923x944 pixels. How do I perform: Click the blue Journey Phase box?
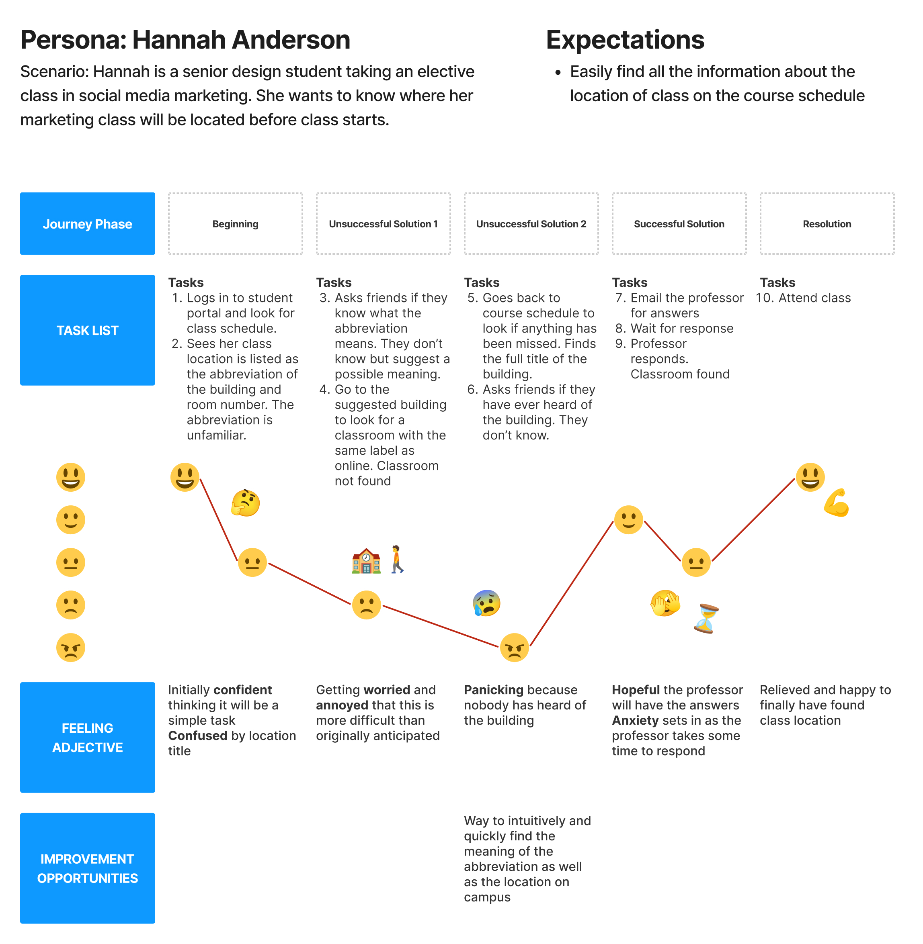tap(87, 224)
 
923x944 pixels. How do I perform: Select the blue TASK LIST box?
tap(87, 330)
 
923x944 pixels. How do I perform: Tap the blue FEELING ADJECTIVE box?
tap(87, 737)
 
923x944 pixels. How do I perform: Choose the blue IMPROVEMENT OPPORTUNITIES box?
tap(87, 868)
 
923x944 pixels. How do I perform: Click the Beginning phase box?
tap(235, 224)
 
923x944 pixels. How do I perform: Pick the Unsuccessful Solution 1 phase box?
tap(383, 224)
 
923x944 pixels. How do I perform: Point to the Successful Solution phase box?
tap(679, 224)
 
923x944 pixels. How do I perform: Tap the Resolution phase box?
tap(827, 224)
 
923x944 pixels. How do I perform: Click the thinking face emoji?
tap(245, 503)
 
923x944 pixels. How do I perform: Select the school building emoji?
tap(366, 561)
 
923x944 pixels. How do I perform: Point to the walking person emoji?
tap(397, 560)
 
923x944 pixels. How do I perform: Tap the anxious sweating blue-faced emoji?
tap(486, 603)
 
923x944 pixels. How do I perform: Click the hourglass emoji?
tap(706, 619)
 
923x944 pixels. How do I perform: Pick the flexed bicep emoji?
tap(836, 503)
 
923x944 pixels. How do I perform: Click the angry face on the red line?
tap(514, 648)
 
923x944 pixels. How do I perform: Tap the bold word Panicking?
tap(493, 690)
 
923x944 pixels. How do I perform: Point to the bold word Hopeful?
tap(636, 690)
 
